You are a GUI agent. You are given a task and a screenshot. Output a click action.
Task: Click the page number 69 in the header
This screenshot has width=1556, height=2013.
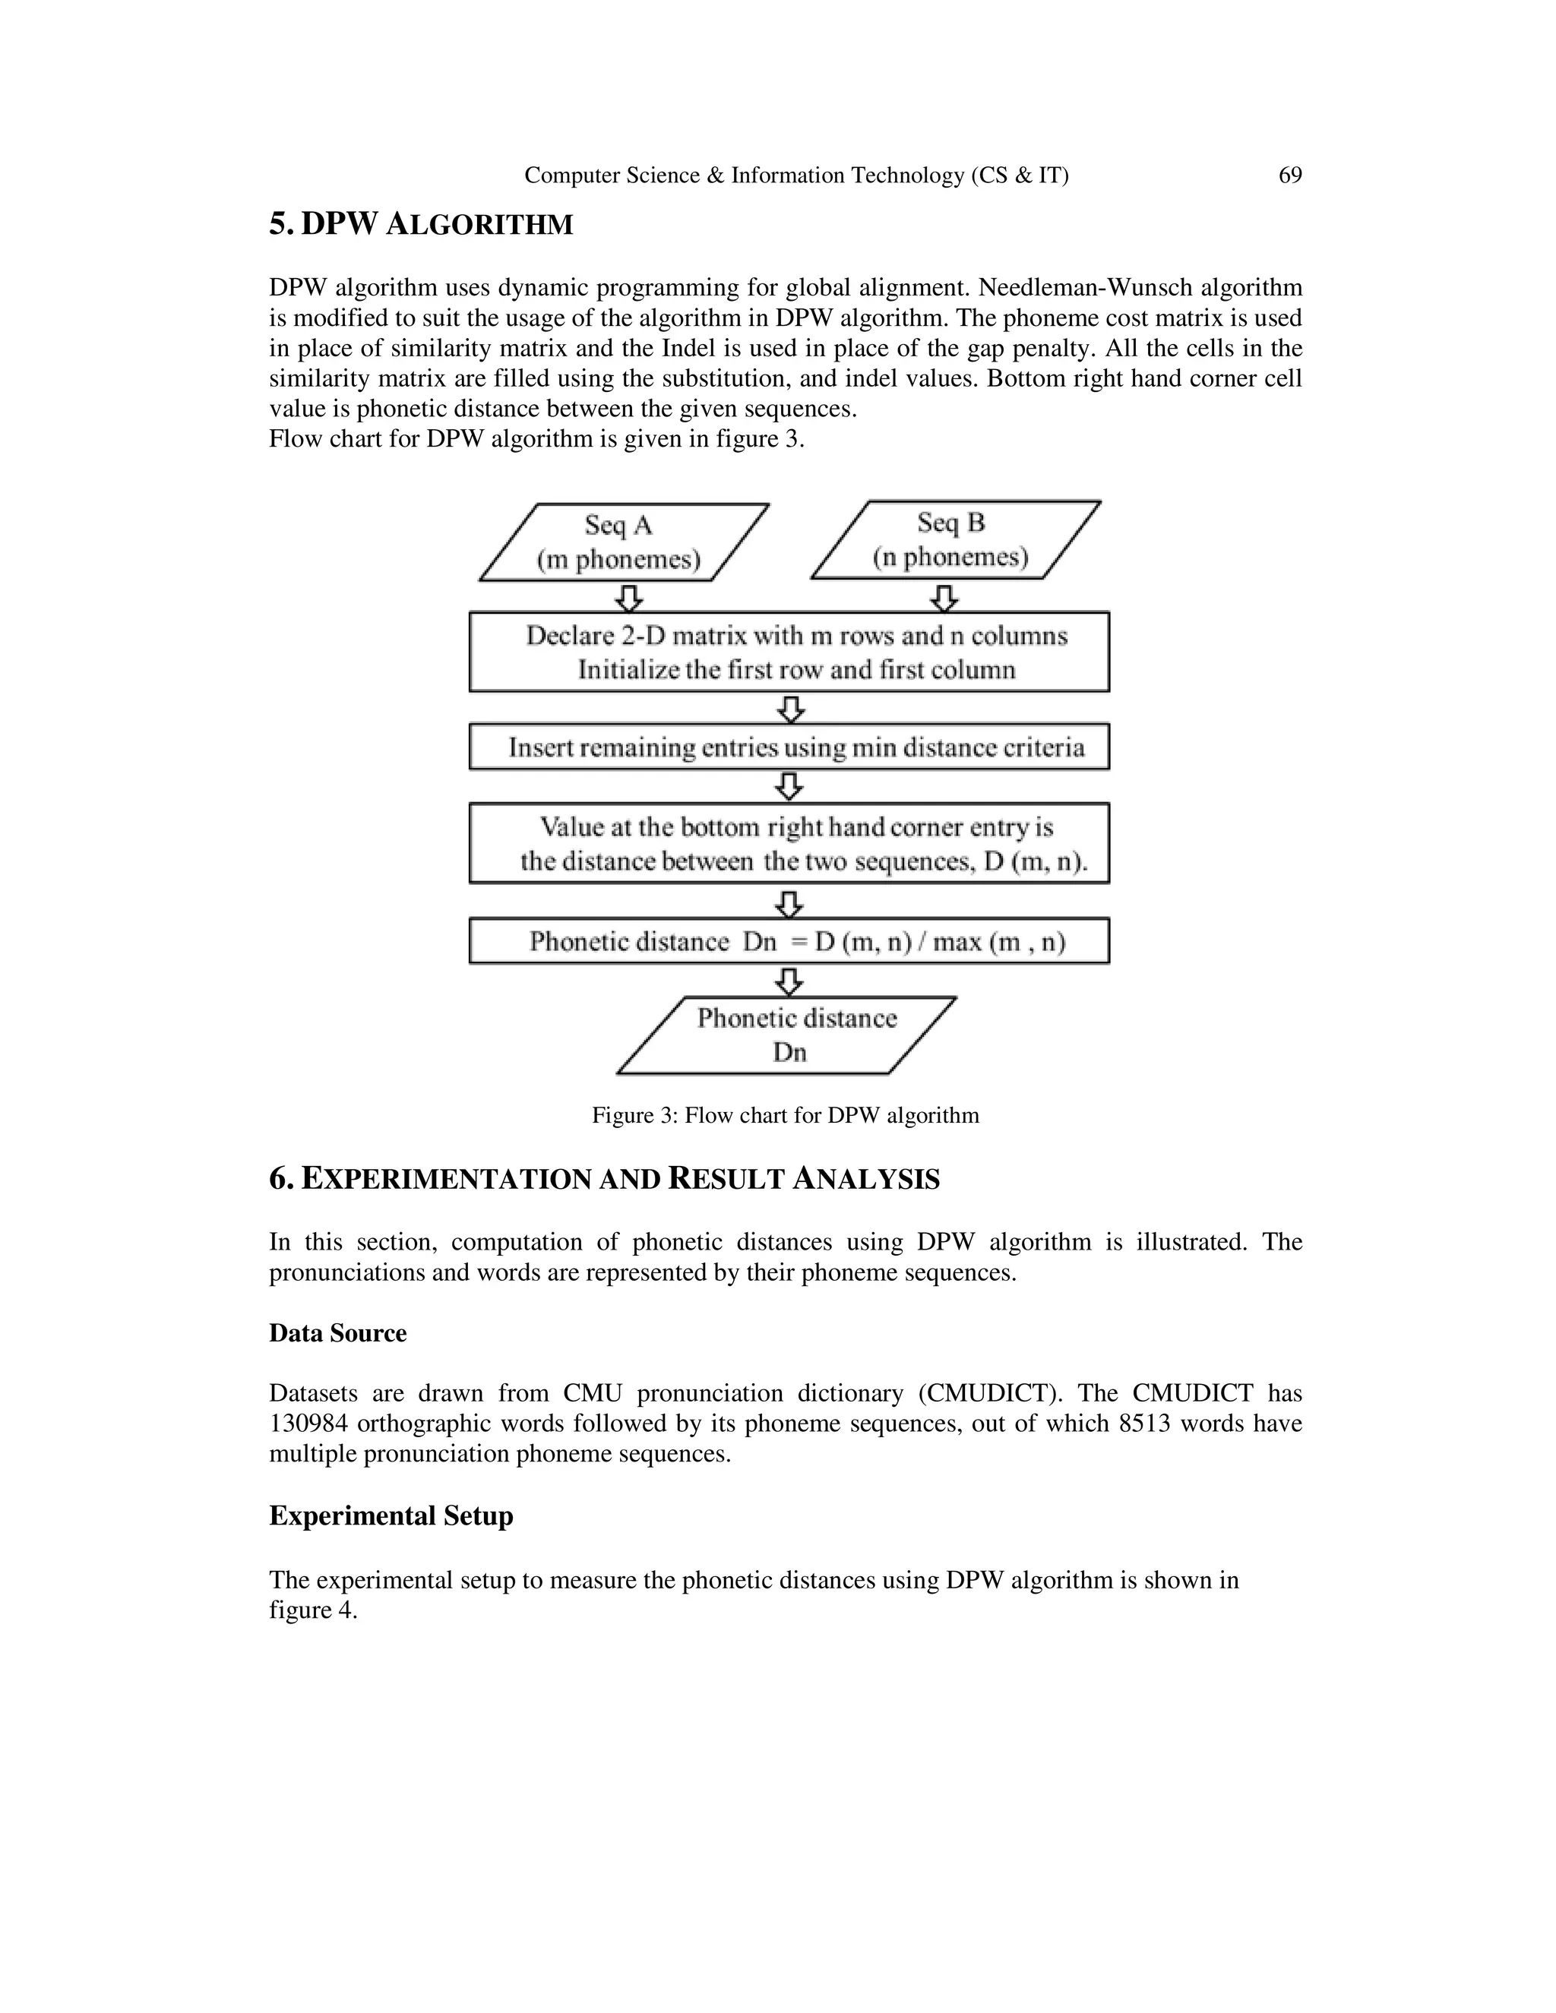pos(1289,175)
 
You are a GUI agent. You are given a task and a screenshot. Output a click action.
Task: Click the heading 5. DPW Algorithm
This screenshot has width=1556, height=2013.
pos(420,224)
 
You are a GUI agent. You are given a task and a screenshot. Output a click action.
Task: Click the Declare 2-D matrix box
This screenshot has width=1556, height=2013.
pos(789,652)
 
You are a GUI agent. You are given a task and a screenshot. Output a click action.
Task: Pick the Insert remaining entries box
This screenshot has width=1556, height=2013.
pos(789,747)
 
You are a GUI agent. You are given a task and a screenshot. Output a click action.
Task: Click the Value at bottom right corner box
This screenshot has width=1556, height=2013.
pos(789,843)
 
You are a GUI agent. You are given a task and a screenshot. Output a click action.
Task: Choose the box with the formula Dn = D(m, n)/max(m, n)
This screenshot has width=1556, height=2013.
pos(789,941)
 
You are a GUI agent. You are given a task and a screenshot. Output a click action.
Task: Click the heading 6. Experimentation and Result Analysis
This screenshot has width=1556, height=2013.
pos(604,1179)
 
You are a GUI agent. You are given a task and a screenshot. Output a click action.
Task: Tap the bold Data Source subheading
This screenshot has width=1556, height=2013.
pos(337,1334)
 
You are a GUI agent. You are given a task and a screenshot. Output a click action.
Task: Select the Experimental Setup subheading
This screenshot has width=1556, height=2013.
pos(391,1516)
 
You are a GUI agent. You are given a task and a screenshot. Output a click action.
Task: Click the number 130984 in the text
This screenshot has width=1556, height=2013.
pos(308,1424)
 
